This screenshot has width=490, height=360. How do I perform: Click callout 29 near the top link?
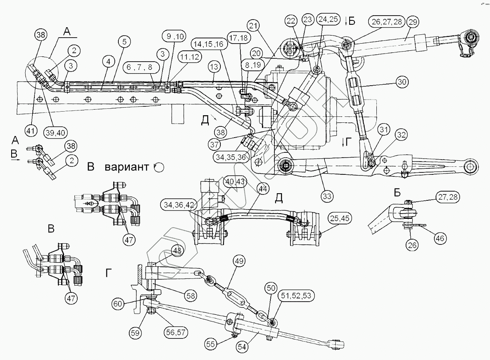point(413,22)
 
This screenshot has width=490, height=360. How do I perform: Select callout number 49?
point(239,262)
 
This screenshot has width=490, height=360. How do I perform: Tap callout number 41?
point(31,130)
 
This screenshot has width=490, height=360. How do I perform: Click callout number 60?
point(118,304)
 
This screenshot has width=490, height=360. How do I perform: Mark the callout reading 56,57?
point(175,332)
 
